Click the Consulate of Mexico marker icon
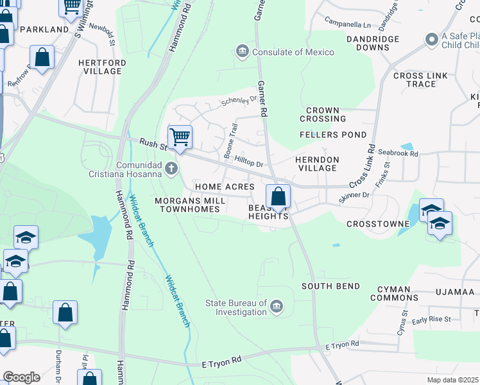(243, 52)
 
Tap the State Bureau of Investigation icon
(277, 307)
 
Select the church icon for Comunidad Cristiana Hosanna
(171, 169)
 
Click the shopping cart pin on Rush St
(180, 137)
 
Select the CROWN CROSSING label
(326, 114)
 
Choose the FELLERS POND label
(333, 135)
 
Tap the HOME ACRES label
(225, 187)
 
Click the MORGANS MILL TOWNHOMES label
(190, 205)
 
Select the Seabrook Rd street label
(398, 153)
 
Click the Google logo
(21, 377)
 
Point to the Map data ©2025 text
(453, 380)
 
